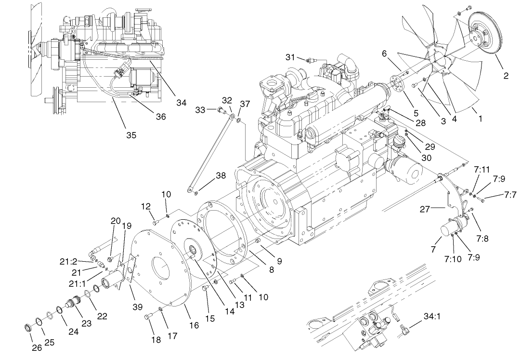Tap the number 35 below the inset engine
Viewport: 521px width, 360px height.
[131, 135]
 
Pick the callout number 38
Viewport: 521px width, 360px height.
[221, 176]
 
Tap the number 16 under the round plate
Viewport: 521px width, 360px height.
[194, 326]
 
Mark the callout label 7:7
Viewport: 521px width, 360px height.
[510, 195]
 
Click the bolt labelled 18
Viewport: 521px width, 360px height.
[148, 317]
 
